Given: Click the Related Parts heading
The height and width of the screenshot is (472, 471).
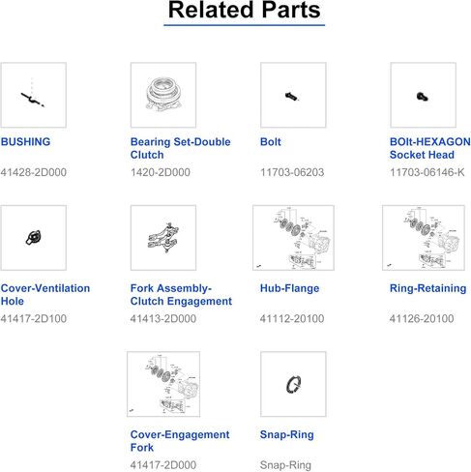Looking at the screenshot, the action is [244, 10].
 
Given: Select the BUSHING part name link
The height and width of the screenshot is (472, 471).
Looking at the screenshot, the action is [25, 142].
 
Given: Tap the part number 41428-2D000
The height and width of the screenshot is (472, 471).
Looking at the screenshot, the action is [34, 172].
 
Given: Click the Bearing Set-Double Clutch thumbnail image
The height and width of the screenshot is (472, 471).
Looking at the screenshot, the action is [163, 95].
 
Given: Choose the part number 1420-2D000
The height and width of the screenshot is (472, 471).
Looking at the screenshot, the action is [161, 172].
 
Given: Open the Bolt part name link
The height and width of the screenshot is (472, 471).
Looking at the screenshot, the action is [271, 142].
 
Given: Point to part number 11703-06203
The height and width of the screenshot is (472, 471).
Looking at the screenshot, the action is [292, 172].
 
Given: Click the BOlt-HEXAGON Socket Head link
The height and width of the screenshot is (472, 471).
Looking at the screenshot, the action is [430, 148].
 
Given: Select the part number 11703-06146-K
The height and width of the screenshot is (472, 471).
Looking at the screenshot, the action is [427, 172].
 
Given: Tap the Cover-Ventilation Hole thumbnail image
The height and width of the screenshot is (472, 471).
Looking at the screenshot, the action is [34, 238].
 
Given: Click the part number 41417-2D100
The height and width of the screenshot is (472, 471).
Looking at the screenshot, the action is [34, 318].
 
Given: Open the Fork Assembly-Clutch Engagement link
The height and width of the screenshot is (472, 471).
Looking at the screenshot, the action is [181, 295].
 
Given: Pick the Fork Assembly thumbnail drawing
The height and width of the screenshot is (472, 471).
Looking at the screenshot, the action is [163, 238].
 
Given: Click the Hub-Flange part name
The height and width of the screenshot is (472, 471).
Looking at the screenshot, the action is [289, 288].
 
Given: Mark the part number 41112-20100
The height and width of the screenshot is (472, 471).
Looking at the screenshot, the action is [292, 318].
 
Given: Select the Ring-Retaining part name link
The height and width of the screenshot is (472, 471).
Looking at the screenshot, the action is [428, 288].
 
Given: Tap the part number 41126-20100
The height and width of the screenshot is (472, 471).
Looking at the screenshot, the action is [422, 318].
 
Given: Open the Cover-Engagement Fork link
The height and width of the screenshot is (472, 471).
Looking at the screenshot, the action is [180, 441].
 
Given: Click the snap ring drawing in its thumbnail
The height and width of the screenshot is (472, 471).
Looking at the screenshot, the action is [293, 384].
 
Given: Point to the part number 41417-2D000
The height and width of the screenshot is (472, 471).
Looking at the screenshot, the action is [163, 465].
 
